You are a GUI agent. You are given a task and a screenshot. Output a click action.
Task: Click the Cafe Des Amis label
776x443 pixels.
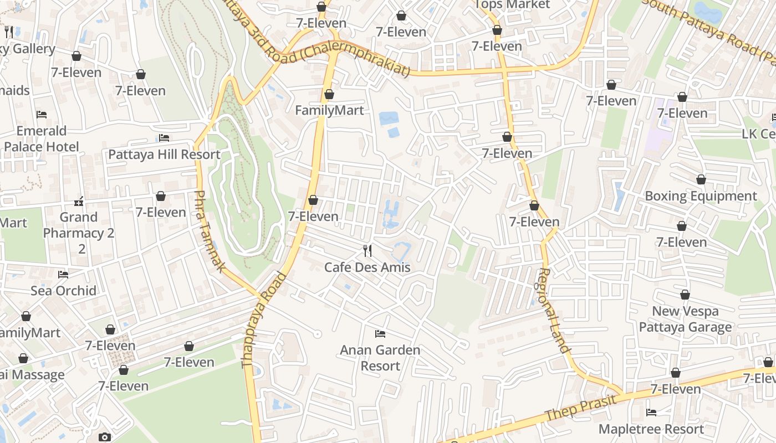click(x=367, y=267)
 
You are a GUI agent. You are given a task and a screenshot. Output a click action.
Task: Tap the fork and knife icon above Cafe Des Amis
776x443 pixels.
click(x=367, y=251)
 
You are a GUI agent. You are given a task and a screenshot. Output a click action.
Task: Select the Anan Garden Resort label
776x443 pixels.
click(x=380, y=358)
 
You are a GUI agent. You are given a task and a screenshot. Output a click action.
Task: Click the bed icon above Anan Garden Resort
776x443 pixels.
click(x=380, y=333)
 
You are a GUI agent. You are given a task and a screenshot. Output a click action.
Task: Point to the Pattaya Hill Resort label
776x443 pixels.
click(x=164, y=154)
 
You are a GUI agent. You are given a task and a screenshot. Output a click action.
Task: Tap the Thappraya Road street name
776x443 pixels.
click(x=264, y=320)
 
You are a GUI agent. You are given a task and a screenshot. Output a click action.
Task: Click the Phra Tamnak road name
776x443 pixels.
click(x=210, y=231)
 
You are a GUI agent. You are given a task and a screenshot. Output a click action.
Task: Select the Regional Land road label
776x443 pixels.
click(x=554, y=310)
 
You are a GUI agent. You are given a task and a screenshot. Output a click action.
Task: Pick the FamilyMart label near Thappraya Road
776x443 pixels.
click(x=329, y=110)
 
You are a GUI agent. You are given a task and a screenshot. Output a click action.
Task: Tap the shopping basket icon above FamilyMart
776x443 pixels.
click(x=329, y=94)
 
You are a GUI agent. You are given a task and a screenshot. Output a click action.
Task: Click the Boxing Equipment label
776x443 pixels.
click(x=701, y=196)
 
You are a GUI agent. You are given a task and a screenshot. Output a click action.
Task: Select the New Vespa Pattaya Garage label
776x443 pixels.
click(x=685, y=319)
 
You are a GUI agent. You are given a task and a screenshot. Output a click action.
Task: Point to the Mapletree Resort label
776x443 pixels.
click(x=651, y=429)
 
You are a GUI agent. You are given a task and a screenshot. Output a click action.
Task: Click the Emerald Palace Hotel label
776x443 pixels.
click(x=42, y=139)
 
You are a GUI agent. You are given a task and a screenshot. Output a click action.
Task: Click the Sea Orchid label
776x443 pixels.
click(x=63, y=291)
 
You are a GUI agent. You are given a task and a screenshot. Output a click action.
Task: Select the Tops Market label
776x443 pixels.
click(x=512, y=5)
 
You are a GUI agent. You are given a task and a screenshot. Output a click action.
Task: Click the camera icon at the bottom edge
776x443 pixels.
click(x=104, y=437)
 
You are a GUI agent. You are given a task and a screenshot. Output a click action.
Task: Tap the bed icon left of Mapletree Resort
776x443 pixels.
click(x=651, y=413)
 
